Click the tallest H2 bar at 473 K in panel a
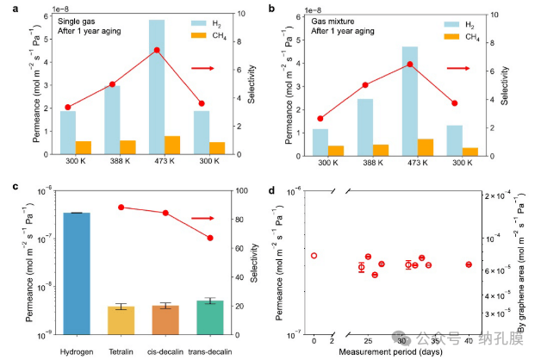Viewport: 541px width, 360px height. coord(157,86)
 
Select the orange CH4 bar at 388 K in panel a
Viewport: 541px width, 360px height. coord(127,147)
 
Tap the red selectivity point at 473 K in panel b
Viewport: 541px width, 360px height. coord(410,65)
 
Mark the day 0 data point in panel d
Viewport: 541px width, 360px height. coord(314,256)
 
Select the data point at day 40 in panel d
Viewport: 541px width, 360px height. coord(469,264)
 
